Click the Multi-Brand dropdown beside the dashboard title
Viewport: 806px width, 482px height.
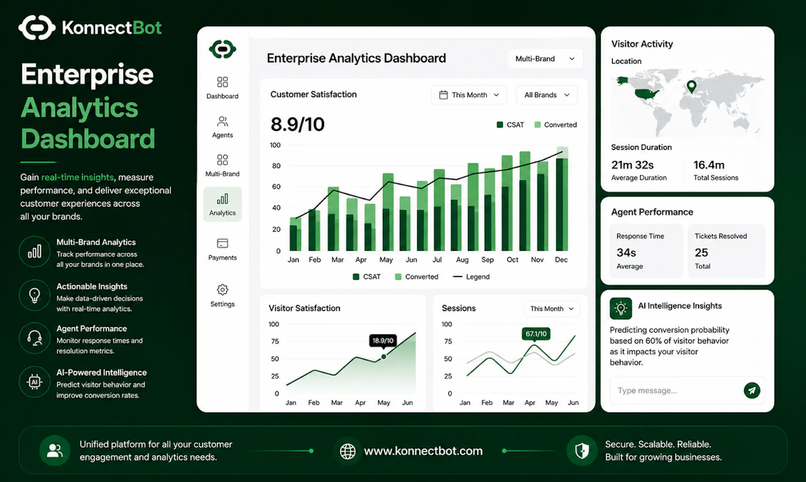[545, 58]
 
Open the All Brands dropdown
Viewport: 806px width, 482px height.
[547, 95]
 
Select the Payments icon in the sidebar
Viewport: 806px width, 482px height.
[222, 243]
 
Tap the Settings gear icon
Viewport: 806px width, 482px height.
[222, 290]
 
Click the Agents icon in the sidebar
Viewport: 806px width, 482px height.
[222, 121]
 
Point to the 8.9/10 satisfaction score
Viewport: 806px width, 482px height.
[298, 124]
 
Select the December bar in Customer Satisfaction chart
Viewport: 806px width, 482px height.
[562, 198]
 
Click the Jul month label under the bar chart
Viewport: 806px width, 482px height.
[437, 260]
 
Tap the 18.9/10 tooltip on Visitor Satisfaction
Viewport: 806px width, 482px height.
[383, 340]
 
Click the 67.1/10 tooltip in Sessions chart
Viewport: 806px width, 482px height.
[536, 334]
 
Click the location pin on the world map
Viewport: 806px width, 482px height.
[691, 87]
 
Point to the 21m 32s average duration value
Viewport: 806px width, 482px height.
[632, 165]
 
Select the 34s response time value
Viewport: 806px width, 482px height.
[626, 252]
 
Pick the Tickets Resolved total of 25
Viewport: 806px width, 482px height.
[701, 252]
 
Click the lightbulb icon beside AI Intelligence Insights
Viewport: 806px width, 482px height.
[621, 308]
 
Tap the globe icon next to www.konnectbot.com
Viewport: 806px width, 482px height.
[348, 451]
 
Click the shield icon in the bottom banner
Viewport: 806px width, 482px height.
[582, 451]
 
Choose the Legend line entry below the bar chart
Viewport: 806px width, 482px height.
[471, 277]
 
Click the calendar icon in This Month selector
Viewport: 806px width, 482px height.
[443, 95]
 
